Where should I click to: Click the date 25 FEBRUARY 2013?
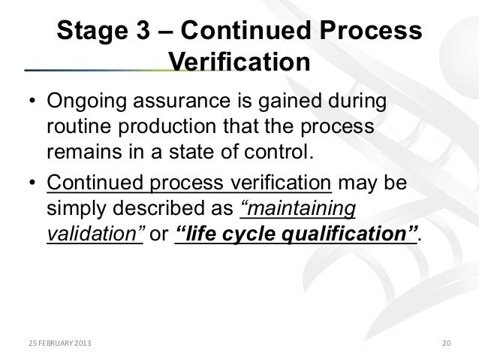click(x=52, y=344)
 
